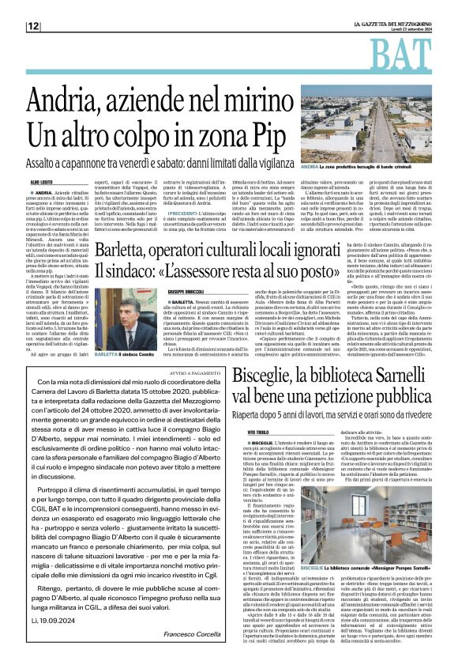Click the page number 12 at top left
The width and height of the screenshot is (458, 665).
point(33,26)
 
